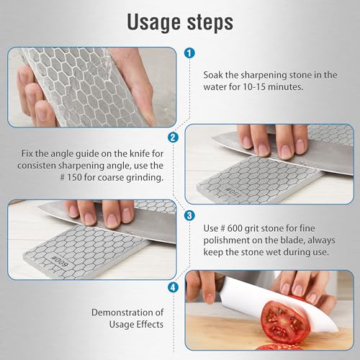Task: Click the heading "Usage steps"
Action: [x=179, y=22]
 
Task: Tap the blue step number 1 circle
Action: [x=189, y=53]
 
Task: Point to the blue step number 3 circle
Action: [x=189, y=215]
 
